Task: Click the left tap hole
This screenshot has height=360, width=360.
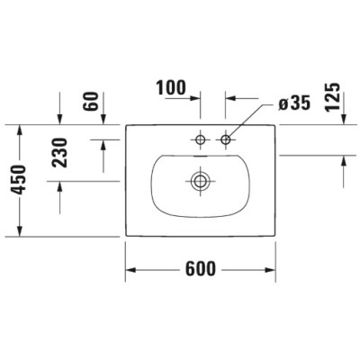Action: click(x=200, y=139)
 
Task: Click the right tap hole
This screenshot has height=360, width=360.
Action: click(x=225, y=139)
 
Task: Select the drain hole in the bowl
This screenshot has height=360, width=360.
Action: click(x=199, y=180)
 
